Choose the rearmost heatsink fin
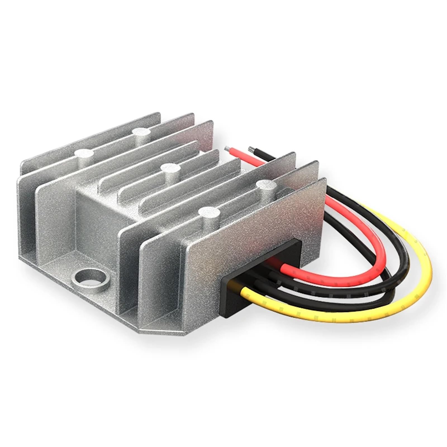(x=92, y=137)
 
